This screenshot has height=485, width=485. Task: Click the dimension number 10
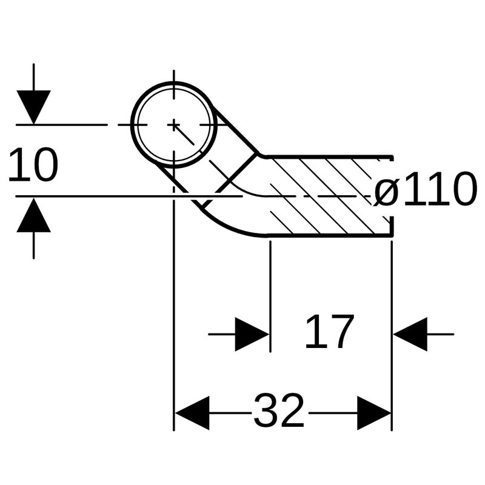tap(33, 165)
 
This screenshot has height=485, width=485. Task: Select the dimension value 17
tap(329, 332)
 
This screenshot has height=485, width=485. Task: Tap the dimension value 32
tap(278, 412)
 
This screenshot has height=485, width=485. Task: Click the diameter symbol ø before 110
tap(386, 192)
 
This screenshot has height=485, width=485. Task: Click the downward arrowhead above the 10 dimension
tap(33, 106)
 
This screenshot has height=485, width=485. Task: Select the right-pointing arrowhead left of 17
tap(252, 333)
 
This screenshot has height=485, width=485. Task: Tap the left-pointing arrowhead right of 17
tap(411, 333)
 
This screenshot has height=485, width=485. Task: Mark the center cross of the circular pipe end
tap(174, 124)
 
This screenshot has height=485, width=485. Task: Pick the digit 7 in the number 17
tap(341, 332)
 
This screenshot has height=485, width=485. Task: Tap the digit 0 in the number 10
tap(45, 165)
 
